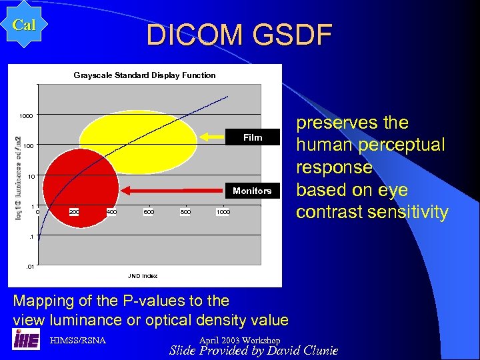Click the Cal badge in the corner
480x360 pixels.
click(24, 25)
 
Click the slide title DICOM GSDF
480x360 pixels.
click(239, 35)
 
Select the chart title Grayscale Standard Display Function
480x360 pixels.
click(145, 75)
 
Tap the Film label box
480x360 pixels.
click(253, 137)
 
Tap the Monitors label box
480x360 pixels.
click(252, 191)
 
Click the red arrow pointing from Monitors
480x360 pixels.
click(176, 191)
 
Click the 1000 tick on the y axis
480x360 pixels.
click(25, 116)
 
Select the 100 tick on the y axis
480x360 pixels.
click(27, 146)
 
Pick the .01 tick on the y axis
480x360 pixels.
click(29, 267)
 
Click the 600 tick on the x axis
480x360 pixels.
click(148, 212)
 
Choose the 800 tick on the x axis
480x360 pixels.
click(185, 212)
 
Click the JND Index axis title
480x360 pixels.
click(143, 275)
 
